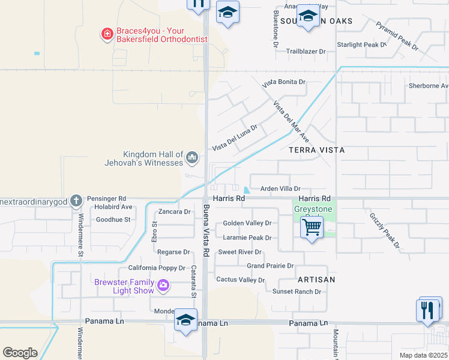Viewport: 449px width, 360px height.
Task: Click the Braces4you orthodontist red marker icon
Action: click(x=107, y=34)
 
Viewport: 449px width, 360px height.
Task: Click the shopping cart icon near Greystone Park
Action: click(x=312, y=228)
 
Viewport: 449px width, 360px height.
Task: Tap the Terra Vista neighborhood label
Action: click(x=316, y=149)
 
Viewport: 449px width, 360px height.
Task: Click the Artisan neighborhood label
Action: click(x=316, y=280)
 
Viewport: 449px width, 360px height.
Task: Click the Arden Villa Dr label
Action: click(x=279, y=188)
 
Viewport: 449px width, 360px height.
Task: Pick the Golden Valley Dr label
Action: click(x=247, y=223)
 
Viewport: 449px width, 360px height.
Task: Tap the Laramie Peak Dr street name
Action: click(x=247, y=238)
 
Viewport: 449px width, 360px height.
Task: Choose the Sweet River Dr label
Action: click(x=240, y=252)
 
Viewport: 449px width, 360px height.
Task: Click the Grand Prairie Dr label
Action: click(x=270, y=265)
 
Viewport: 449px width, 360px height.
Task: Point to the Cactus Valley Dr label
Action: click(x=240, y=280)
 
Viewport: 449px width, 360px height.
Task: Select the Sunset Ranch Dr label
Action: click(x=297, y=292)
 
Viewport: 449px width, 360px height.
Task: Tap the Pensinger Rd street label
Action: click(x=106, y=198)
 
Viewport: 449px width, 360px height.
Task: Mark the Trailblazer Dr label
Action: click(x=306, y=52)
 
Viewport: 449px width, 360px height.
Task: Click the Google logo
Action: click(x=20, y=353)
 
